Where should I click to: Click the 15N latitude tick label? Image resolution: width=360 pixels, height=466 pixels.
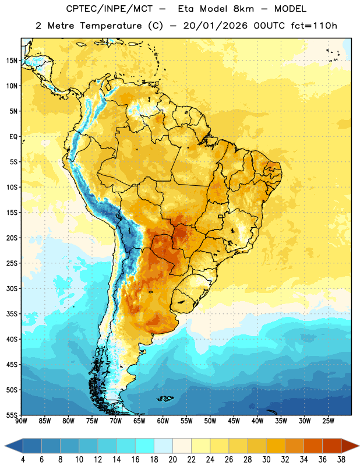(12, 61)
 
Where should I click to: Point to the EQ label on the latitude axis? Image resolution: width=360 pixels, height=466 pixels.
(13, 137)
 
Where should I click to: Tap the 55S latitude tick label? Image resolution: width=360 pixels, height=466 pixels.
(11, 415)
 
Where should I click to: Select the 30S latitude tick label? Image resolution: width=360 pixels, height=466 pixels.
(12, 288)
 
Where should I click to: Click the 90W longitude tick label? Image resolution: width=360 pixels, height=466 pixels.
(21, 421)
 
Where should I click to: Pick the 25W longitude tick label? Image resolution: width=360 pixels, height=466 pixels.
(328, 421)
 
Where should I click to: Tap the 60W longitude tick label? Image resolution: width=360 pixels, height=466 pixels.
(163, 421)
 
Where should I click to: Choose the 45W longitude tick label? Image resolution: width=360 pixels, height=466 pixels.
(234, 421)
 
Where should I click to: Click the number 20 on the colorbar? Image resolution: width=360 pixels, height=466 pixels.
(172, 460)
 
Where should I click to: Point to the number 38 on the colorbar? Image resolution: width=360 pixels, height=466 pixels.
(341, 460)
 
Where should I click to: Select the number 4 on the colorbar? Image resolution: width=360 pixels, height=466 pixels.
(23, 460)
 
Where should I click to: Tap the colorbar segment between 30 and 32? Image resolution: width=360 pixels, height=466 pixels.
(276, 446)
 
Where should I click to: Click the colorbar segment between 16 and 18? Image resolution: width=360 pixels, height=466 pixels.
(144, 446)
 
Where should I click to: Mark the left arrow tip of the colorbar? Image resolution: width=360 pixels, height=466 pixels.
(5, 446)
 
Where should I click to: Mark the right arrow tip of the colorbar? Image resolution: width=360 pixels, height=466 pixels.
(359, 446)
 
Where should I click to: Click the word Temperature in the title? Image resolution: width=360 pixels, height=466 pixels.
(111, 26)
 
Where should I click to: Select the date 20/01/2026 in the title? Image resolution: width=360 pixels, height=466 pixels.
(216, 26)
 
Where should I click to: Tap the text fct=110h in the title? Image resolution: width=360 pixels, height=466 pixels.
(314, 26)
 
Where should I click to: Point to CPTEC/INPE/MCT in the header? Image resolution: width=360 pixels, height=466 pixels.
(110, 9)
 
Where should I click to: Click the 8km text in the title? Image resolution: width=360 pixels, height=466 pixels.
(243, 9)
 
